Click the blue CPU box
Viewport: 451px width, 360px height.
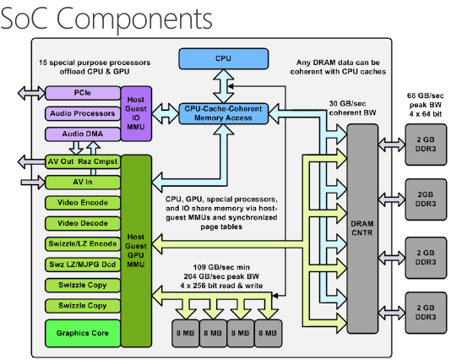(223, 59)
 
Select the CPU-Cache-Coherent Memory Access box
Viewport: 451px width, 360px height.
(223, 114)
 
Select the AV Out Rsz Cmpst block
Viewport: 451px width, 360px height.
(81, 161)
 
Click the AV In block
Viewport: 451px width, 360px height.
(81, 182)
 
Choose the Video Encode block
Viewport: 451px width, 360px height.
(81, 203)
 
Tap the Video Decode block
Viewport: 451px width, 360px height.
(81, 223)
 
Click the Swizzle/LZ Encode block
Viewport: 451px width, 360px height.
(81, 243)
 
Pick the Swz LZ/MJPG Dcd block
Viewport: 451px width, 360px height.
(81, 264)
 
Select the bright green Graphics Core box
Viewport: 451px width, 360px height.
(81, 332)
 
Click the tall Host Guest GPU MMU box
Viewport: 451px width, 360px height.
(135, 249)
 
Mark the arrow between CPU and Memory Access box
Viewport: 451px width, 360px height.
(223, 86)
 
